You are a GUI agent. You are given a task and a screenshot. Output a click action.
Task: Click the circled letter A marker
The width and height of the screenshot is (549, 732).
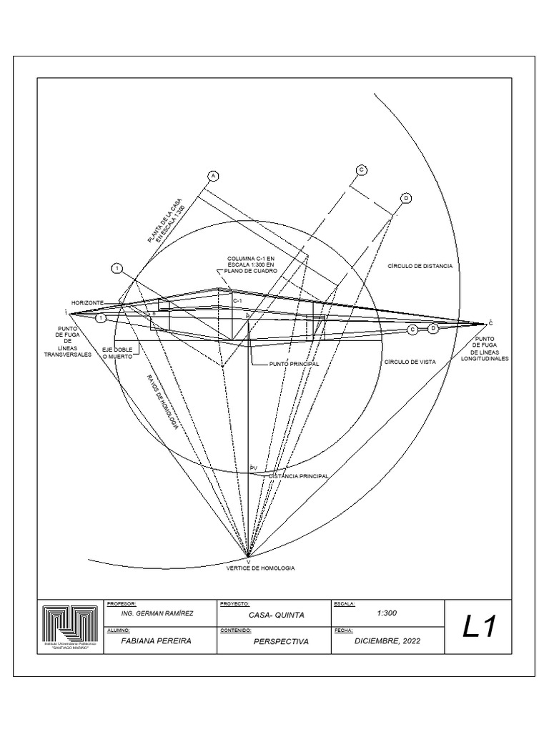[x=212, y=176]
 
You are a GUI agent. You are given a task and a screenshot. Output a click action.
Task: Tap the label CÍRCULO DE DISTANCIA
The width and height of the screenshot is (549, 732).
[x=420, y=265]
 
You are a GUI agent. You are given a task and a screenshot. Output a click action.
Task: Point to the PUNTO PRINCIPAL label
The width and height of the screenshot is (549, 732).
[x=294, y=364]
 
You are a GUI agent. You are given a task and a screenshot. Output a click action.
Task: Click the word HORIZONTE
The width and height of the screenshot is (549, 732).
[x=87, y=302]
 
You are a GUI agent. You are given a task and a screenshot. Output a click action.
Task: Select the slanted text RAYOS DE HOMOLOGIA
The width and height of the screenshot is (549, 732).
[x=162, y=402]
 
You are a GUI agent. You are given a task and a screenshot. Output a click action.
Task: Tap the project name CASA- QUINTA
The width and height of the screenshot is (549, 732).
[x=277, y=615]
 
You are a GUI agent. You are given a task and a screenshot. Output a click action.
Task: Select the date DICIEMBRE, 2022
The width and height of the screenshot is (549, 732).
[x=388, y=641]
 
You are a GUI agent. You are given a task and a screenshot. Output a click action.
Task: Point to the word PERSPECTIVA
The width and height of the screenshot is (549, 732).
[x=281, y=642]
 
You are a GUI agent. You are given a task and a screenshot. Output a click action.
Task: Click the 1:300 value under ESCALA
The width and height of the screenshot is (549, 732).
[x=386, y=613]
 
